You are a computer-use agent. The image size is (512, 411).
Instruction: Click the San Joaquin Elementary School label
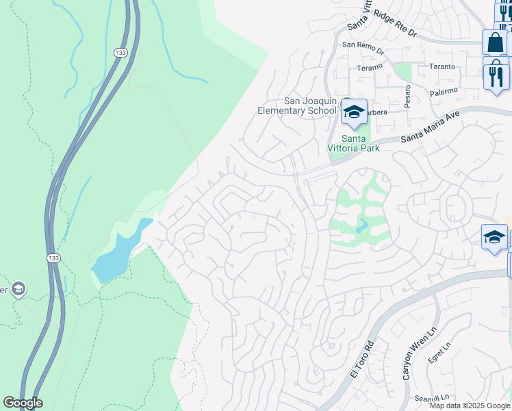pos(297,105)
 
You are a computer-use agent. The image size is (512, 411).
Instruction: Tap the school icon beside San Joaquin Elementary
pos(353,112)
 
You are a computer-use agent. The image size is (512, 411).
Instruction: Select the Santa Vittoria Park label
pos(350,142)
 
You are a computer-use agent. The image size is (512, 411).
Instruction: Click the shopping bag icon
pos(494,42)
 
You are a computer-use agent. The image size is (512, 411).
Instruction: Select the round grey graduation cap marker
pos(18,289)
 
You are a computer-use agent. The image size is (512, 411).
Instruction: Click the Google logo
pos(23,403)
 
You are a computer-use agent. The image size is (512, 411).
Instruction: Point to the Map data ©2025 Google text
pos(470,406)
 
